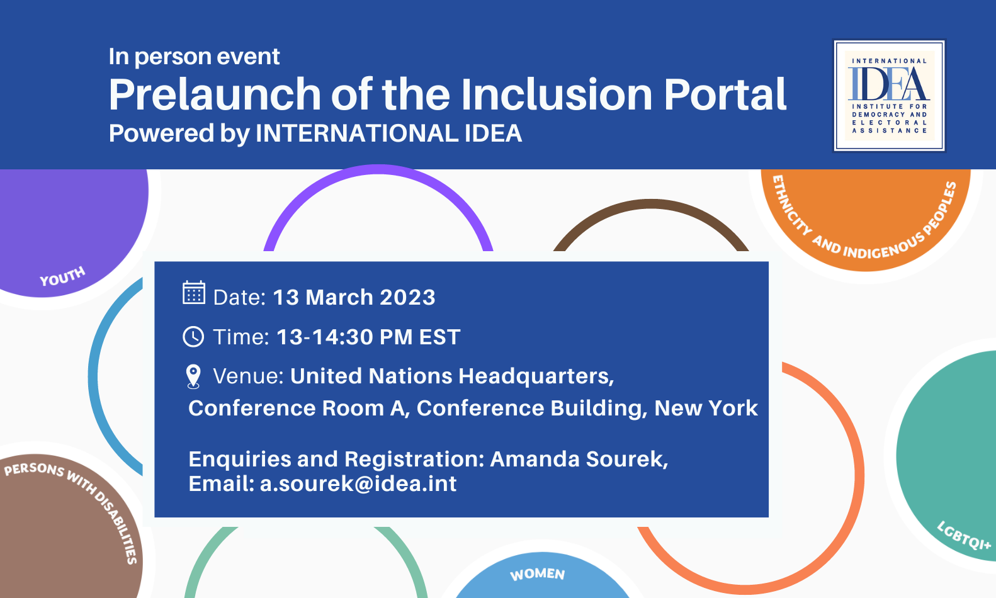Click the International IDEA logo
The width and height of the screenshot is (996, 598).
pos(889,96)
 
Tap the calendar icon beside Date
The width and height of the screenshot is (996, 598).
pos(194,293)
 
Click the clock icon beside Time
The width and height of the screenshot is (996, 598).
pos(193,337)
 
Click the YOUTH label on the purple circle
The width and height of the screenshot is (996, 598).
pos(62,276)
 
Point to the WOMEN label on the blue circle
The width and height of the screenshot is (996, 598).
pos(537,575)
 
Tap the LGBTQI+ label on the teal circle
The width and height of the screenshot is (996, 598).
pos(964,536)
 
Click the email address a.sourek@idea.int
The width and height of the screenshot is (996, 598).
pos(358,483)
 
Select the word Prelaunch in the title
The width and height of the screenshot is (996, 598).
pos(215,94)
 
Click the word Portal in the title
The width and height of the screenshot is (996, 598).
pos(725,94)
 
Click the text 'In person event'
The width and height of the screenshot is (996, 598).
pos(194,57)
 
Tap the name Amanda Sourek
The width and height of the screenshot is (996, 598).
pos(579,459)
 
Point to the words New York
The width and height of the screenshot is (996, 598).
pos(706,408)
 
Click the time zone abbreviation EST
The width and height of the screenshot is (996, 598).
pos(439,337)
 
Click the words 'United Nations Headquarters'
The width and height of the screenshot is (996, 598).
pos(452,376)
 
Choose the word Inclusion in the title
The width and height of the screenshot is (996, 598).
pos(557,94)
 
